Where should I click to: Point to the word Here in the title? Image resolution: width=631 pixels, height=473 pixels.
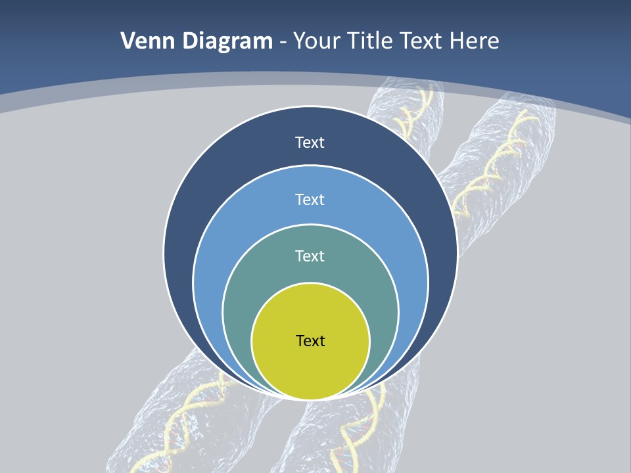(474, 41)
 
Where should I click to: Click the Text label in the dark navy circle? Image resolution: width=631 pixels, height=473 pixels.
(310, 143)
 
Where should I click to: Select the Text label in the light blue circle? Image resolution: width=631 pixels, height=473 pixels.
(310, 199)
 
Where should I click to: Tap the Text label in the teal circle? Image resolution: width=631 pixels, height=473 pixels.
(310, 256)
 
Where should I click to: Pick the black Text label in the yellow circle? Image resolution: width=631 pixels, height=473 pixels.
(310, 341)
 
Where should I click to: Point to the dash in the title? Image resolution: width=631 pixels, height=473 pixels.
(283, 42)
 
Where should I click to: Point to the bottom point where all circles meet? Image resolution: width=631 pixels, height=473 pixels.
(310, 399)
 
